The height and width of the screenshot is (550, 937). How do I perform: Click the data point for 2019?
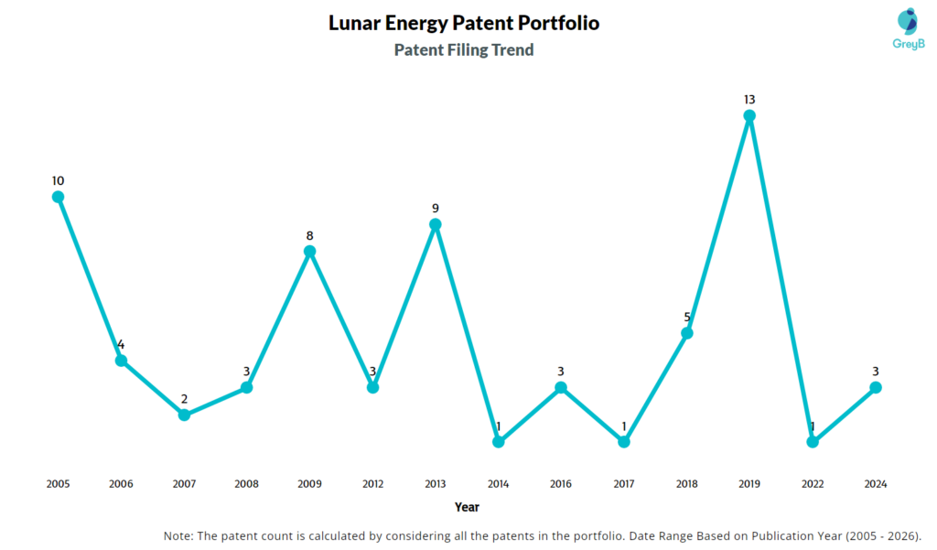pos(749,116)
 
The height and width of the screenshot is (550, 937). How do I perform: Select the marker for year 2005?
pos(58,197)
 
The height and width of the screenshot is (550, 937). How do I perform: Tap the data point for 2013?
pos(436,224)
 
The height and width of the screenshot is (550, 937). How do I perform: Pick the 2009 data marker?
pos(310,251)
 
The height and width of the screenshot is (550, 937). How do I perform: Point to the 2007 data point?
pos(184,415)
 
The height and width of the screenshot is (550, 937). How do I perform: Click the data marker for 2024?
pos(875,387)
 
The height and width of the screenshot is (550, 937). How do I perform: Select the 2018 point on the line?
pos(687,333)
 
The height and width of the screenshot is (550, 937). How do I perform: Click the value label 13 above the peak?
pos(749,99)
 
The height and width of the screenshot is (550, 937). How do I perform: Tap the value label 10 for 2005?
pos(58,180)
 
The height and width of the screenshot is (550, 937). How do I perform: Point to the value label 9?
pos(436,208)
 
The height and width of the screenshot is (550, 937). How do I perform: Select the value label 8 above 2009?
pos(310,235)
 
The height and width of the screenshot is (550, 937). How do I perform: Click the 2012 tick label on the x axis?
pos(372,483)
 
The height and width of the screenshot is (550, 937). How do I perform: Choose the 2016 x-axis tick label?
pos(561,483)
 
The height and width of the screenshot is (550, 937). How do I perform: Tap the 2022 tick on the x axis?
pos(813,483)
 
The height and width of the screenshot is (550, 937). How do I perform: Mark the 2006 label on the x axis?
pos(121,483)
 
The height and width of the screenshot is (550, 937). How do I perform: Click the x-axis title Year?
pos(467,506)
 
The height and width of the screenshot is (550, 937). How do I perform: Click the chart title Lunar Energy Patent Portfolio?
pos(464,23)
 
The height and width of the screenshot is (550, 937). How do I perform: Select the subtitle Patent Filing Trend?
pos(464,50)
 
